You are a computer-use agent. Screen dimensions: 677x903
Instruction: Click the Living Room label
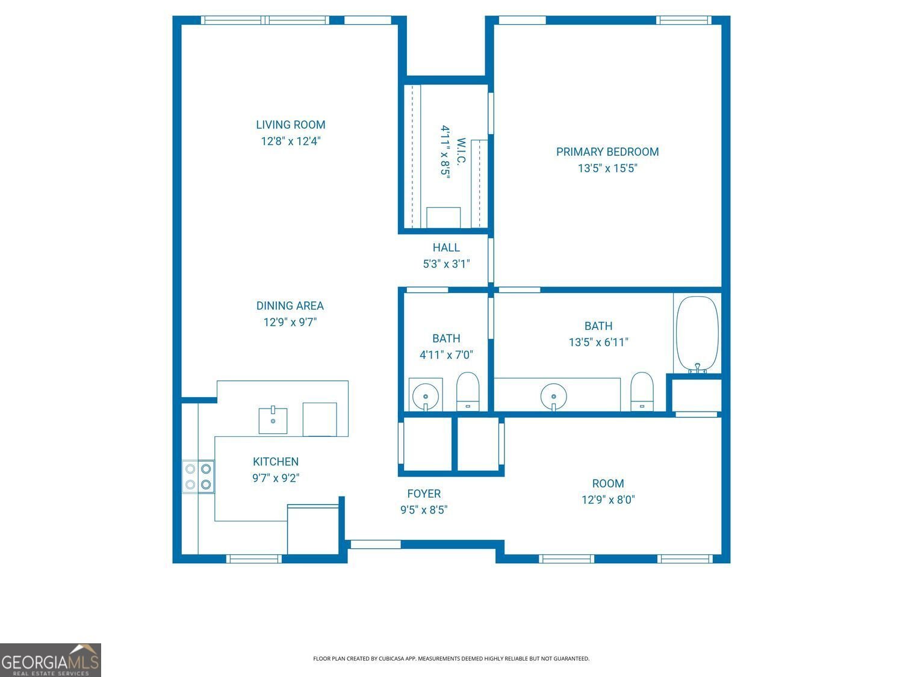click(x=290, y=125)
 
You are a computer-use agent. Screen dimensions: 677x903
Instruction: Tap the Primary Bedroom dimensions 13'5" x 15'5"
click(x=607, y=168)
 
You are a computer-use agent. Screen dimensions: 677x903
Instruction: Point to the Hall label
click(x=445, y=247)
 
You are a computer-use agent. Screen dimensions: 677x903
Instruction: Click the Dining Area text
click(x=290, y=306)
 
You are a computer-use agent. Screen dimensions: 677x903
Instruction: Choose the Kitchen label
click(x=275, y=462)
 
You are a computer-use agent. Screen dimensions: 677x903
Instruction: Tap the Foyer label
click(x=424, y=493)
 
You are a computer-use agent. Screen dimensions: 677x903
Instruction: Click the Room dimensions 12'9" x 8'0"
click(x=607, y=499)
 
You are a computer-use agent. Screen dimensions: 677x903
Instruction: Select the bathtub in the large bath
click(x=697, y=334)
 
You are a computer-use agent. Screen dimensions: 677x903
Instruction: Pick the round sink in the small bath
click(x=426, y=395)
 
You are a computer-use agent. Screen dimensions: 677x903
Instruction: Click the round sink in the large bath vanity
click(x=553, y=396)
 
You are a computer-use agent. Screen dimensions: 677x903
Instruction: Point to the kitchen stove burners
click(x=198, y=476)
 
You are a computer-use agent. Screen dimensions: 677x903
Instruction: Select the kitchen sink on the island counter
click(x=273, y=420)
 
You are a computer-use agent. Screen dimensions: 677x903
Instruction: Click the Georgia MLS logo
click(x=51, y=660)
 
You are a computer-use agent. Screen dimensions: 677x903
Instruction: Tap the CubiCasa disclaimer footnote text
click(x=451, y=659)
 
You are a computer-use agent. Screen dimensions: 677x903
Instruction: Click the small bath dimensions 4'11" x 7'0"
click(x=445, y=355)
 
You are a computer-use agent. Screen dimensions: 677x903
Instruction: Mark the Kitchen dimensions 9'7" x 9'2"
click(x=275, y=478)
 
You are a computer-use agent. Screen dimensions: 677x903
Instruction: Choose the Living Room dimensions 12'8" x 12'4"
click(x=290, y=141)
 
